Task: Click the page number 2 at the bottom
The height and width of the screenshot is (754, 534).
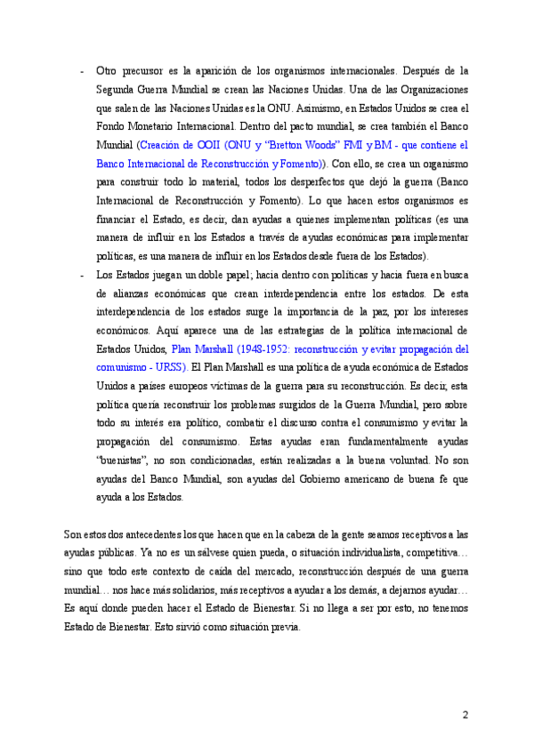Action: click(465, 714)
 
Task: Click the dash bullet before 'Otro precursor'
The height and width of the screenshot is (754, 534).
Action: click(82, 69)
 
